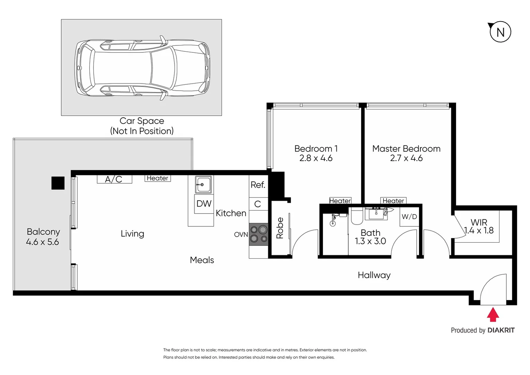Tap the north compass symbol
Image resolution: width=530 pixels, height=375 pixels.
pyautogui.click(x=500, y=32)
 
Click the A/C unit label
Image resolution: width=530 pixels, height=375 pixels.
pyautogui.click(x=114, y=179)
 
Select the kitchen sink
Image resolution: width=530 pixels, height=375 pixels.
pyautogui.click(x=203, y=184)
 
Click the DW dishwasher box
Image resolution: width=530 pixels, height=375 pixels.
pyautogui.click(x=204, y=204)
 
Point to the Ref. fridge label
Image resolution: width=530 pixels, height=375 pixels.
pyautogui.click(x=258, y=185)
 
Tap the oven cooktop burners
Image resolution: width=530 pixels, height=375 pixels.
pyautogui.click(x=259, y=234)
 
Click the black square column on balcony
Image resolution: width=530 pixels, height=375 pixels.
pyautogui.click(x=58, y=183)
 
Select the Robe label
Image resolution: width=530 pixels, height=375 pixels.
pyautogui.click(x=280, y=228)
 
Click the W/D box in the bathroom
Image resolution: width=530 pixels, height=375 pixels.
pyautogui.click(x=409, y=217)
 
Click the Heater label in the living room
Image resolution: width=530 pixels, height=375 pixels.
pyautogui.click(x=157, y=178)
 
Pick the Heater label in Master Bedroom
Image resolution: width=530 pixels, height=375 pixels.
pyautogui.click(x=393, y=201)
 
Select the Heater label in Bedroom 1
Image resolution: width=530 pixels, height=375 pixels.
pyautogui.click(x=340, y=201)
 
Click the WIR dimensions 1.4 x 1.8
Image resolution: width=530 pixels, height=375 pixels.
pyautogui.click(x=479, y=231)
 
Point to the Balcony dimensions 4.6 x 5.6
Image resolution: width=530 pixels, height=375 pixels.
pyautogui.click(x=42, y=242)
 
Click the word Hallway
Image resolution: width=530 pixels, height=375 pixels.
pyautogui.click(x=374, y=275)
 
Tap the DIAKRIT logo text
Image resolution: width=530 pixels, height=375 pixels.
pyautogui.click(x=501, y=330)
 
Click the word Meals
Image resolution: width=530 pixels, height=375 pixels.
pyautogui.click(x=202, y=260)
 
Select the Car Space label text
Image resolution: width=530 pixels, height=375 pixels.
pyautogui.click(x=142, y=121)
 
